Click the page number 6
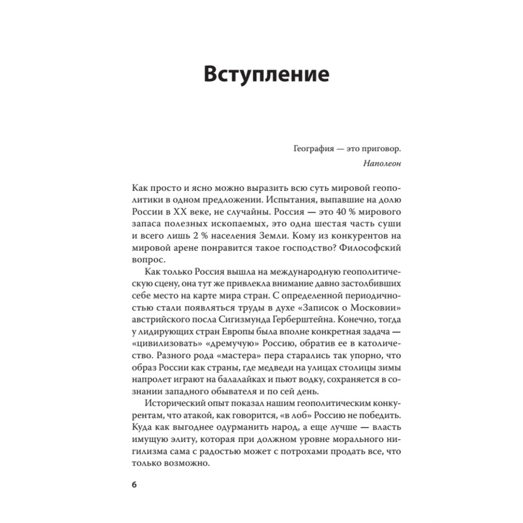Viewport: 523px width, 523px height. point(134,484)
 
